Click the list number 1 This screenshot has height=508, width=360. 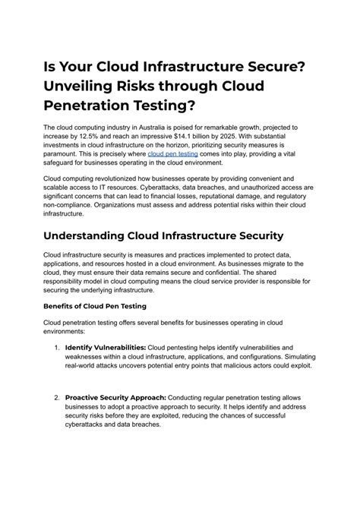coord(57,347)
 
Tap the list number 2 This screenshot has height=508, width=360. coord(57,396)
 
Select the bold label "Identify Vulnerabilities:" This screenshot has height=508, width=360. coord(106,347)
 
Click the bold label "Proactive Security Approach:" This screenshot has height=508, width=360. coord(115,396)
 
